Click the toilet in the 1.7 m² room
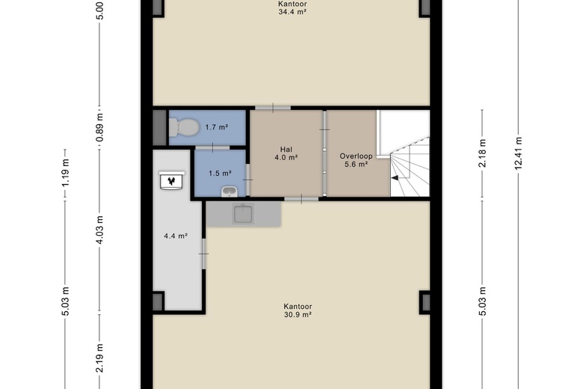tap(184, 127)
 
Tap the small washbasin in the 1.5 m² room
tap(229, 192)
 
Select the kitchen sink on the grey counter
tap(243, 215)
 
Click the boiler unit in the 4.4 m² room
tap(171, 180)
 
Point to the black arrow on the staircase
tap(395, 178)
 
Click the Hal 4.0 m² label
tap(286, 153)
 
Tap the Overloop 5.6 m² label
tap(356, 160)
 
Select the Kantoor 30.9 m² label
tap(297, 310)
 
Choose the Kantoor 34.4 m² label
tap(292, 7)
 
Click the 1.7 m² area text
tap(217, 127)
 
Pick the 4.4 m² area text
tap(176, 236)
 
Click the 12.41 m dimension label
tap(519, 153)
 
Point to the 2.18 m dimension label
tap(482, 153)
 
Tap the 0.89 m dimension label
tap(99, 128)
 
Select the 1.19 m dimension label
tap(65, 173)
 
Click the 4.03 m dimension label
tap(99, 230)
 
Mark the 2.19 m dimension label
tap(99, 358)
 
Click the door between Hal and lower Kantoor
tap(301, 199)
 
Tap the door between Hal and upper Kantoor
tap(273, 108)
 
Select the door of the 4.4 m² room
tap(204, 254)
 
